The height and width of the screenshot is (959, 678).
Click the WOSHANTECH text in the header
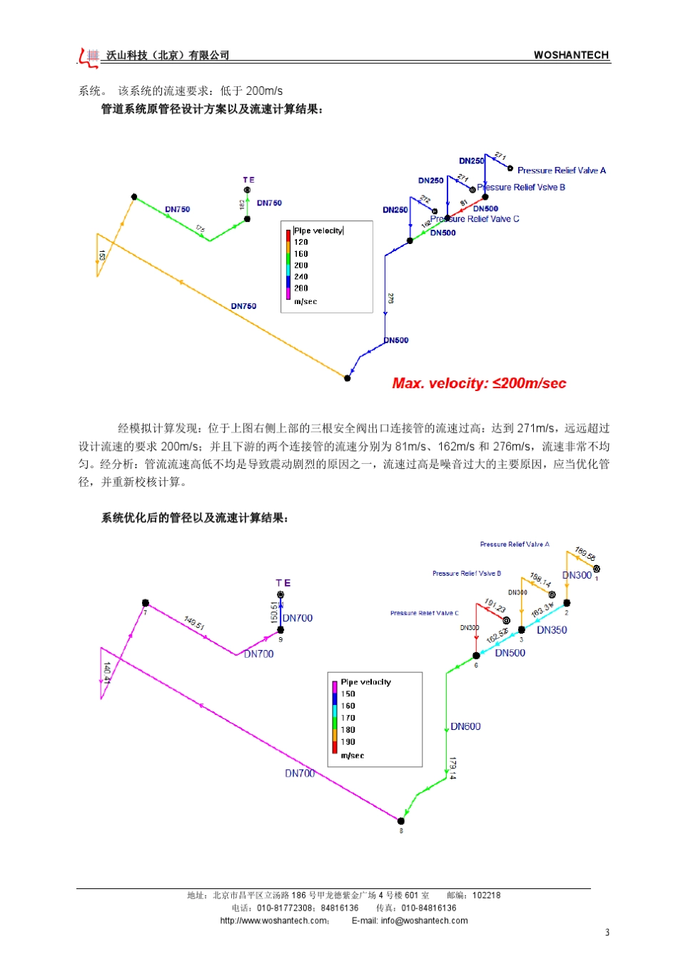coord(571,55)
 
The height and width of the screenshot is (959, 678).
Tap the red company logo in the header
coord(89,57)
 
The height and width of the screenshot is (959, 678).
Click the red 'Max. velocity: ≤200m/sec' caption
coord(479,384)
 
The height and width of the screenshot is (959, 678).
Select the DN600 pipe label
coord(465,726)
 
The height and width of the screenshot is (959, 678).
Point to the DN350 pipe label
coord(552,630)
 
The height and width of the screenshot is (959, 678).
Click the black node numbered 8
coord(400,821)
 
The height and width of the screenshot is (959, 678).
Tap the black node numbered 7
coord(146,603)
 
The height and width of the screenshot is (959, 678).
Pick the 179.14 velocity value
coord(452,768)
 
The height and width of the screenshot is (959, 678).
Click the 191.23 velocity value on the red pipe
coord(495,606)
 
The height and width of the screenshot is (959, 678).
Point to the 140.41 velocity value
coord(107,672)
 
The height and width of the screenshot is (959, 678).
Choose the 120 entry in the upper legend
coord(301,243)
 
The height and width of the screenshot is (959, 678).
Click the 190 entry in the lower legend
coord(348,742)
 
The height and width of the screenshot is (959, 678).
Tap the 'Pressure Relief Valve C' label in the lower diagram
coord(424,613)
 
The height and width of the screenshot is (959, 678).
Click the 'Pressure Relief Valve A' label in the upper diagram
coord(561,171)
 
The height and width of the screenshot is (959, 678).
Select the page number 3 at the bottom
coord(607,932)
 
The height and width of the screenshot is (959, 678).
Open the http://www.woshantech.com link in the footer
coord(275,920)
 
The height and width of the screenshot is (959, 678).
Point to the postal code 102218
coord(486,895)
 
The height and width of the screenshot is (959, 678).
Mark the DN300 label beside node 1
coord(577,575)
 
